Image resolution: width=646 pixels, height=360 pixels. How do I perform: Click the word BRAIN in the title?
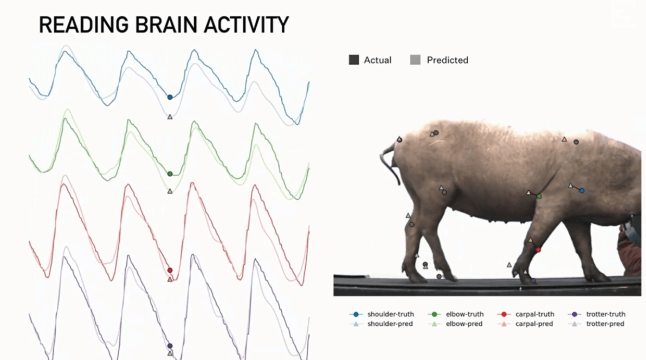pyautogui.click(x=167, y=25)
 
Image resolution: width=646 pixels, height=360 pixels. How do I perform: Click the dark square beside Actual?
pyautogui.click(x=353, y=60)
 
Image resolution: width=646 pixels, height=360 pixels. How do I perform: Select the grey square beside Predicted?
pyautogui.click(x=415, y=60)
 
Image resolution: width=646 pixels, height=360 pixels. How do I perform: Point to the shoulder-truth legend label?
pyautogui.click(x=391, y=314)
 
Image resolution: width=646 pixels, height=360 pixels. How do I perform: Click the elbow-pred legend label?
pyautogui.click(x=464, y=324)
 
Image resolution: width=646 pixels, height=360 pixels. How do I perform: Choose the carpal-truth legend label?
pyautogui.click(x=535, y=314)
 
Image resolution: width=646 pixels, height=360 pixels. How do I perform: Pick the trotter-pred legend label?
pyautogui.click(x=605, y=324)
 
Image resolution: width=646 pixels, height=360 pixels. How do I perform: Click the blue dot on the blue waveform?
pyautogui.click(x=170, y=98)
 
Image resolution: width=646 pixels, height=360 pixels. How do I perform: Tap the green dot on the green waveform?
pyautogui.click(x=170, y=174)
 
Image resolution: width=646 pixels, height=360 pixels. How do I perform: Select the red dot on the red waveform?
pyautogui.click(x=170, y=270)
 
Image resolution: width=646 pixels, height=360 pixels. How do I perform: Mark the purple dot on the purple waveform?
pyautogui.click(x=170, y=346)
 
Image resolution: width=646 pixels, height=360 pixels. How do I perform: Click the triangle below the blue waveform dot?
pyautogui.click(x=170, y=117)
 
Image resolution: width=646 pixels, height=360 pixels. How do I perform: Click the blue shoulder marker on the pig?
pyautogui.click(x=582, y=191)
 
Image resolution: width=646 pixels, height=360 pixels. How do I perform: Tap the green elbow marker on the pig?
pyautogui.click(x=539, y=196)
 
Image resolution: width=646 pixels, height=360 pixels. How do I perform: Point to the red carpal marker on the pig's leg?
pyautogui.click(x=538, y=250)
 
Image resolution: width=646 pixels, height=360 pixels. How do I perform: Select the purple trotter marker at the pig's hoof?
pyautogui.click(x=533, y=281)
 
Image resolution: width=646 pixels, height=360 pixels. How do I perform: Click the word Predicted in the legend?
pyautogui.click(x=448, y=60)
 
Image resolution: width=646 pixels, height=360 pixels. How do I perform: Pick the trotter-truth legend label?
pyautogui.click(x=606, y=314)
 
